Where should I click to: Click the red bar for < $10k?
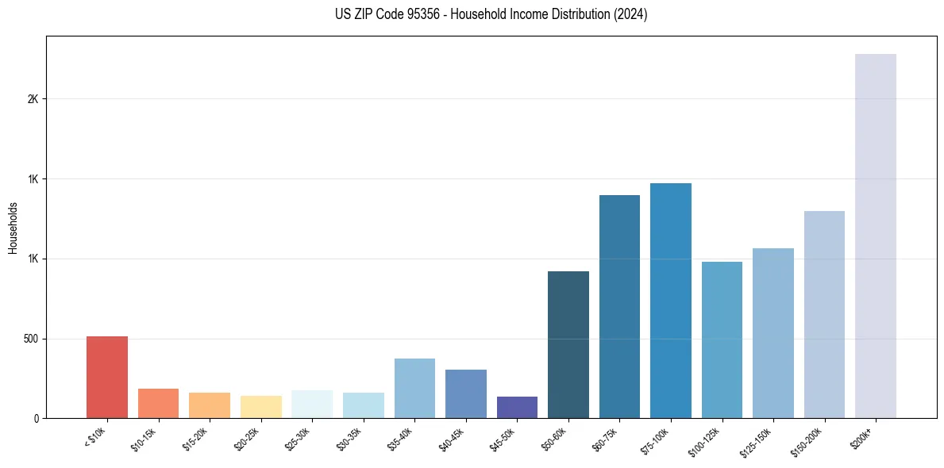107,378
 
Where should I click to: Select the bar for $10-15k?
158,404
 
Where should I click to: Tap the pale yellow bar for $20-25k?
260,407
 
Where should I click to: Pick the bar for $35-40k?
414,389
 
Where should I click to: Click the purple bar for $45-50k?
517,408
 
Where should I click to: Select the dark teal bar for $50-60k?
568,345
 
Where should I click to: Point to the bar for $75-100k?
671,301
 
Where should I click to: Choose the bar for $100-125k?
722,340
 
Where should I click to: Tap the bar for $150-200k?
824,315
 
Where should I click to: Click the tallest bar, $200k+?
876,236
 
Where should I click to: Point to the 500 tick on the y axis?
31,339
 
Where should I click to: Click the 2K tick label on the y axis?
33,99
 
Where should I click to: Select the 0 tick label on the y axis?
36,418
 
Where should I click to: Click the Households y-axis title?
13,228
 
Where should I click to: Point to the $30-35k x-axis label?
349,438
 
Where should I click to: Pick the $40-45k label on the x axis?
452,438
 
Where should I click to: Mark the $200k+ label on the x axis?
864,435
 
